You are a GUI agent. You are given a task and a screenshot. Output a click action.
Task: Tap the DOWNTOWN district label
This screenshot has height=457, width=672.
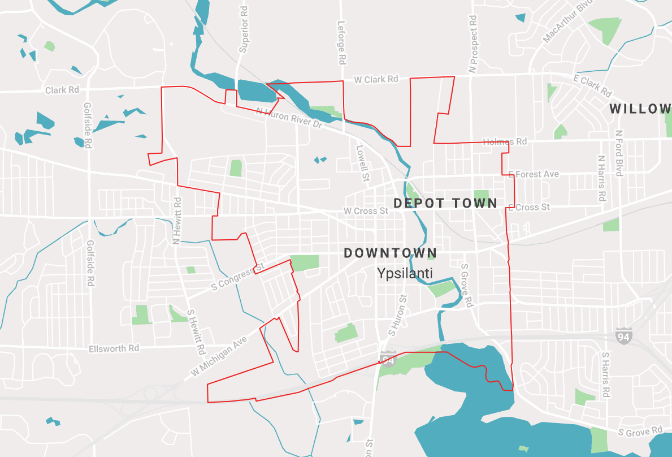[391, 253]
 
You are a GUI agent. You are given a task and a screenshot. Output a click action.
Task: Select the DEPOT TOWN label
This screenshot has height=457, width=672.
[445, 203]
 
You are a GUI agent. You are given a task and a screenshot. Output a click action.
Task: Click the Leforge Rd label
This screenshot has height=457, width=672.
[341, 42]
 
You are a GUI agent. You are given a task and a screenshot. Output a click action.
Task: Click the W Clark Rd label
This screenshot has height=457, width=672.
[376, 79]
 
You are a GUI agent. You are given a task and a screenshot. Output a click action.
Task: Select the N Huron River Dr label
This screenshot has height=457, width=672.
[288, 118]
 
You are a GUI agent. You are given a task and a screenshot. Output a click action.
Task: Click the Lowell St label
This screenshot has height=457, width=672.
[362, 163]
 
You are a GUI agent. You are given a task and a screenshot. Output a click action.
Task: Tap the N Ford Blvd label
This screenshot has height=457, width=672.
[619, 153]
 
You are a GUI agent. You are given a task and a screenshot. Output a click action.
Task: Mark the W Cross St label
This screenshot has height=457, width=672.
[366, 211]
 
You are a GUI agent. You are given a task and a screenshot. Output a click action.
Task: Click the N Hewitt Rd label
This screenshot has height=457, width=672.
[177, 221]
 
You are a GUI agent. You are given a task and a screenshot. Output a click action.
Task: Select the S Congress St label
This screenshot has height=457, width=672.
[237, 277]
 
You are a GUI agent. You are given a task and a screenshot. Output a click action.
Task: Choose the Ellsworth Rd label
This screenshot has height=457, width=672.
[114, 348]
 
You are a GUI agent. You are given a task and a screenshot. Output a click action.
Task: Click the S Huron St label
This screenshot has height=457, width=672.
[402, 313]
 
